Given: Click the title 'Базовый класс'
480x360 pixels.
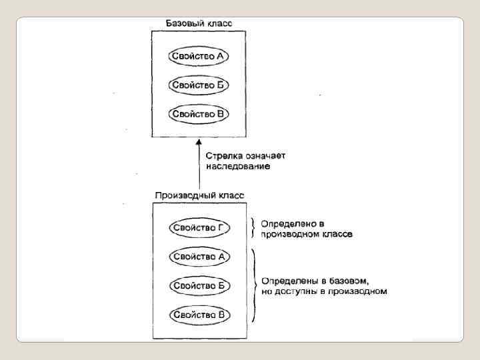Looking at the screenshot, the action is (199, 24).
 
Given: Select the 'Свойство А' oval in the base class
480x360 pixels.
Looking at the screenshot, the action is (199, 56).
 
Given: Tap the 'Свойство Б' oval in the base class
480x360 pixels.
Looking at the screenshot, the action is (199, 85).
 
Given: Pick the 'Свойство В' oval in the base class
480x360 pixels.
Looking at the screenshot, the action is (199, 114).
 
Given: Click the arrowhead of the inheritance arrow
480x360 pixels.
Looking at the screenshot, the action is (199, 142).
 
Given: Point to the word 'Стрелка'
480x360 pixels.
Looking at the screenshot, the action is (222, 155).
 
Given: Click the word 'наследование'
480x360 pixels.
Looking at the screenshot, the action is (238, 166).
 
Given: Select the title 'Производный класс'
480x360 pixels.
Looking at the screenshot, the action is (199, 196).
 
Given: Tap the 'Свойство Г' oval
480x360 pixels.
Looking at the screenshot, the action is (199, 227).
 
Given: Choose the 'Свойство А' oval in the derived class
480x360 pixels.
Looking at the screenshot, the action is (199, 256).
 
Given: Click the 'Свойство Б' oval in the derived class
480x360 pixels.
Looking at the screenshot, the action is (199, 285).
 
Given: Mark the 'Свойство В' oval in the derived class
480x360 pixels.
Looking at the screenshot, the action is (199, 314).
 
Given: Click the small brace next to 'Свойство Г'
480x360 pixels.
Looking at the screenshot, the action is (253, 227).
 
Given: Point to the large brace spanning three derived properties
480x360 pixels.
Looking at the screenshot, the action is (254, 285).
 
